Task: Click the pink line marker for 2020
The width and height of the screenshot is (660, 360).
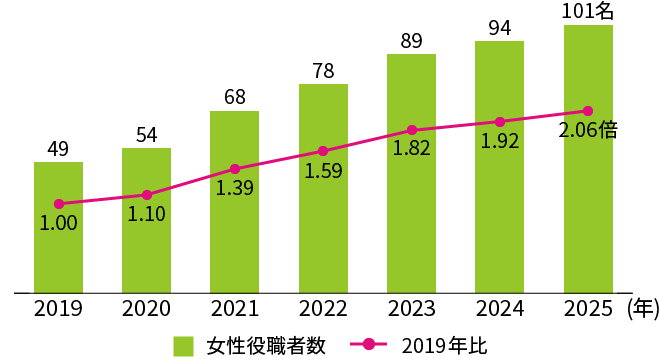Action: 147,195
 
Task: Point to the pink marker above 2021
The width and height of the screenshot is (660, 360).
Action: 235,169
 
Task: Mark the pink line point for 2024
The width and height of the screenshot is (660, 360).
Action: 500,121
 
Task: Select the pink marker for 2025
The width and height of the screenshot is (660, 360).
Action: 588,111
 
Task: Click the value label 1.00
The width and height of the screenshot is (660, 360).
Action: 58,224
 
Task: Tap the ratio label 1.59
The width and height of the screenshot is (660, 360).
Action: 323,171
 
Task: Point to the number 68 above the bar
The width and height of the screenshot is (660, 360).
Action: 235,98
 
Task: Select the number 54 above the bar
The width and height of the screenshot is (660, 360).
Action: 147,135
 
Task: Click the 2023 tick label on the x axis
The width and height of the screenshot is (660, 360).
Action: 411,309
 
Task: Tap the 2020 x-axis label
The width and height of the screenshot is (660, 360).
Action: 147,309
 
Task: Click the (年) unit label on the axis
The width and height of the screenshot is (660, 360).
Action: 642,309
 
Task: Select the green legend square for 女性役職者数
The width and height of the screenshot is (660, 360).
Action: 183,346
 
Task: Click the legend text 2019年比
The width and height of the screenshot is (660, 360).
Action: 444,346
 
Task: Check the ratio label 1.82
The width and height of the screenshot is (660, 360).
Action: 411,149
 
